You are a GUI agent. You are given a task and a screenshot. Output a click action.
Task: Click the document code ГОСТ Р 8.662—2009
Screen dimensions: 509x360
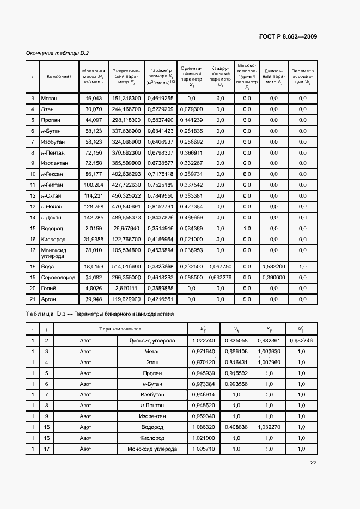[288, 37]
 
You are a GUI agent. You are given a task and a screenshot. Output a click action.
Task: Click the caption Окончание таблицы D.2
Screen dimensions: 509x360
[57, 53]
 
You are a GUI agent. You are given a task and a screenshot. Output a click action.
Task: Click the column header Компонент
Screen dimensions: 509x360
[59, 76]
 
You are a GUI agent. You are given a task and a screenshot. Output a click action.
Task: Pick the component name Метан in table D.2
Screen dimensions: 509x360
[49, 99]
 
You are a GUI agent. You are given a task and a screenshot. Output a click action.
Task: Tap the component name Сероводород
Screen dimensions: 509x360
[57, 277]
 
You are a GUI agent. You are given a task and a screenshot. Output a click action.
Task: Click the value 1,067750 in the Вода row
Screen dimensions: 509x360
[221, 266]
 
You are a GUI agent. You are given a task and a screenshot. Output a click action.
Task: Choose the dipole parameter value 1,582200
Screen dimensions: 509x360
[273, 266]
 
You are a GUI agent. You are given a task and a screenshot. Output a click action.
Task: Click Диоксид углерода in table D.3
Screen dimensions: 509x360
[152, 341]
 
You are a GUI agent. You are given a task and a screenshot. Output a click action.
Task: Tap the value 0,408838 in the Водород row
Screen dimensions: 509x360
[236, 427]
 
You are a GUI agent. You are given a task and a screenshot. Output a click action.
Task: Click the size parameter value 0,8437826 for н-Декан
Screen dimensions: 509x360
[161, 217]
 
